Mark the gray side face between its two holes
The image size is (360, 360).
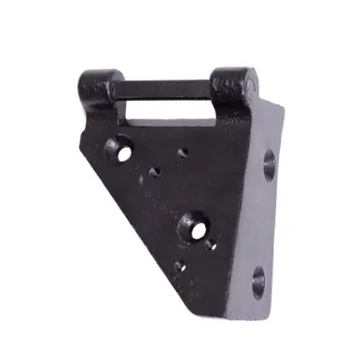pyautogui.click(x=265, y=224)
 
